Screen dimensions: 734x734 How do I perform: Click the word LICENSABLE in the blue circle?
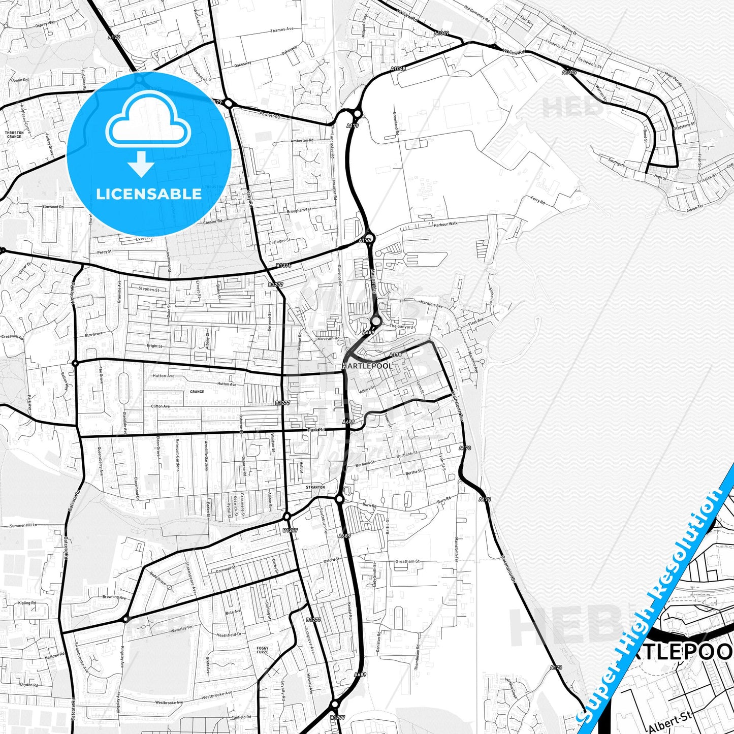coord(149,194)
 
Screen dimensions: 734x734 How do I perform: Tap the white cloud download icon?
coord(148,133)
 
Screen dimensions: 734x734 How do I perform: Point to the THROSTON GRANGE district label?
coord(14,135)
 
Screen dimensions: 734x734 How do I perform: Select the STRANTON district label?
coord(315,487)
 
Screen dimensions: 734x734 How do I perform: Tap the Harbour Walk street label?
coord(445,224)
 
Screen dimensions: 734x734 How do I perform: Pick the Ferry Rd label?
coord(537,202)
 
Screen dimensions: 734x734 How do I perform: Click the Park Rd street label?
coord(316,430)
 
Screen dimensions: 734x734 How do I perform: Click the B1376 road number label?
coord(283,266)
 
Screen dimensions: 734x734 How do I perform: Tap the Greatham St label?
coord(407,562)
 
